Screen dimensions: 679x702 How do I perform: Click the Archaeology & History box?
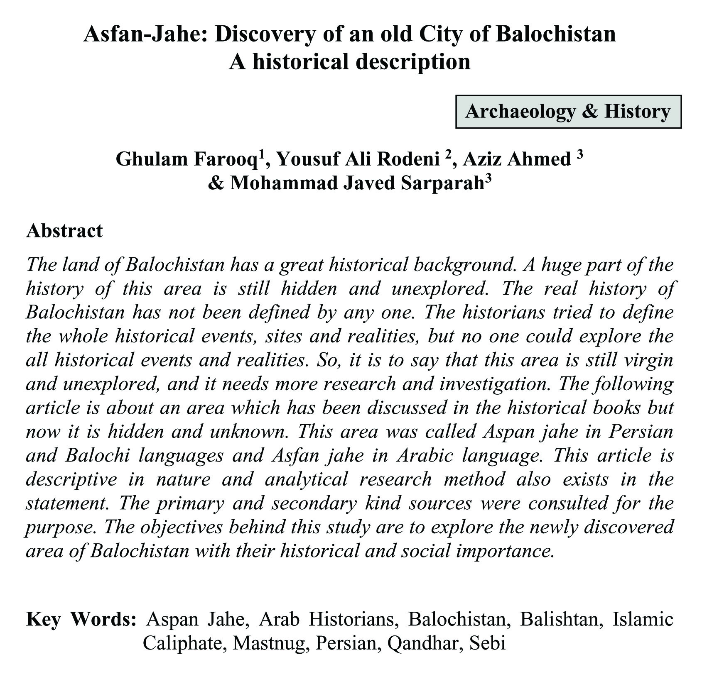(x=568, y=112)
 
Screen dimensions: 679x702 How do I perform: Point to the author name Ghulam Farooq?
(x=187, y=159)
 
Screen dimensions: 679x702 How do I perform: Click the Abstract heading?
(x=64, y=231)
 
